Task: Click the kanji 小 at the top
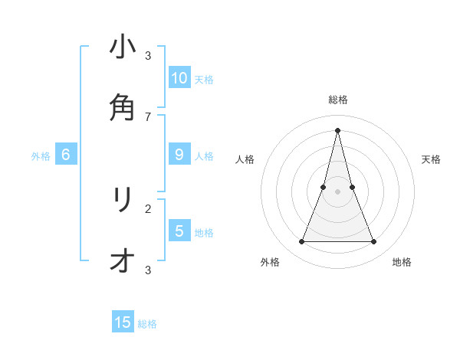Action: pyautogui.click(x=123, y=48)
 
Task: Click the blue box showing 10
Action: pyautogui.click(x=179, y=77)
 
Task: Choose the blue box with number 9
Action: pyautogui.click(x=179, y=155)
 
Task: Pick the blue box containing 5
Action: pyautogui.click(x=179, y=231)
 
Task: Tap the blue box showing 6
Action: pyautogui.click(x=66, y=155)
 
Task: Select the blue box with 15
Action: pyautogui.click(x=123, y=322)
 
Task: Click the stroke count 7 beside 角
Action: pyautogui.click(x=148, y=116)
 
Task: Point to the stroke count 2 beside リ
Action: pyautogui.click(x=148, y=208)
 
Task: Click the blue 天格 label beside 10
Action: pyautogui.click(x=204, y=79)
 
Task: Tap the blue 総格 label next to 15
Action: pyautogui.click(x=147, y=324)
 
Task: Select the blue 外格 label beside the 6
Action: pyautogui.click(x=41, y=156)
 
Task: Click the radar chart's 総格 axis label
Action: pyautogui.click(x=338, y=100)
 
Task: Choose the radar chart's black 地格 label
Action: pyautogui.click(x=402, y=262)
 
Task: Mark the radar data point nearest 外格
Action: pyautogui.click(x=301, y=242)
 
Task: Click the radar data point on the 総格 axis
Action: pyautogui.click(x=338, y=129)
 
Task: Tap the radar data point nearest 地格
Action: pyautogui.click(x=374, y=242)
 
